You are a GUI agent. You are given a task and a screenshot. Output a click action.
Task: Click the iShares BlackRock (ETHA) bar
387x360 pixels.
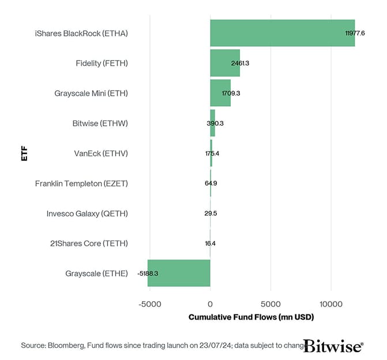pyautogui.click(x=282, y=33)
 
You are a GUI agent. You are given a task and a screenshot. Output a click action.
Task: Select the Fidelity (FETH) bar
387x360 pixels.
pyautogui.click(x=224, y=63)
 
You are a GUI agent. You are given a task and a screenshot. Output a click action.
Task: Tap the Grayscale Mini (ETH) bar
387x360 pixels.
pyautogui.click(x=220, y=93)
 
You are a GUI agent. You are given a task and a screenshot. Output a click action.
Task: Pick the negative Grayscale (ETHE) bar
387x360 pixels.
pyautogui.click(x=179, y=273)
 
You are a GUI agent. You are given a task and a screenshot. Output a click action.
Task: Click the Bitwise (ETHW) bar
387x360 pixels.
pyautogui.click(x=212, y=123)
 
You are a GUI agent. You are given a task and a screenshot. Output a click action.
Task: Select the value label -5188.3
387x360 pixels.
pyautogui.click(x=152, y=273)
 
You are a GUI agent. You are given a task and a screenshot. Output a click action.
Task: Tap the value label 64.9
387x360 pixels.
pyautogui.click(x=211, y=183)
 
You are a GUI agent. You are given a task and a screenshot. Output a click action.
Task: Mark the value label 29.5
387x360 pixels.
pyautogui.click(x=211, y=213)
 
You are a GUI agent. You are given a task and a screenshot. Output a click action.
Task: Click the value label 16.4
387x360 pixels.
pyautogui.click(x=211, y=243)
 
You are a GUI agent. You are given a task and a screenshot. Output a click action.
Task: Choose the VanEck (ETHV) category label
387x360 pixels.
pyautogui.click(x=101, y=153)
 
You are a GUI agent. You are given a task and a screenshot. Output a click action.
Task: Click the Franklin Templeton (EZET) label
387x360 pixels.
pyautogui.click(x=81, y=183)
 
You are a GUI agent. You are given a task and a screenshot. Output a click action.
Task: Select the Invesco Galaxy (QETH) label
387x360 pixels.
pyautogui.click(x=87, y=213)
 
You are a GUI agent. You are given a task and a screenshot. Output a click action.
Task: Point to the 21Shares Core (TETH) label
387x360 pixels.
pyautogui.click(x=89, y=243)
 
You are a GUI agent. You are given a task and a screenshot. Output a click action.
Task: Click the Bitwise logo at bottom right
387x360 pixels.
pyautogui.click(x=333, y=346)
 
